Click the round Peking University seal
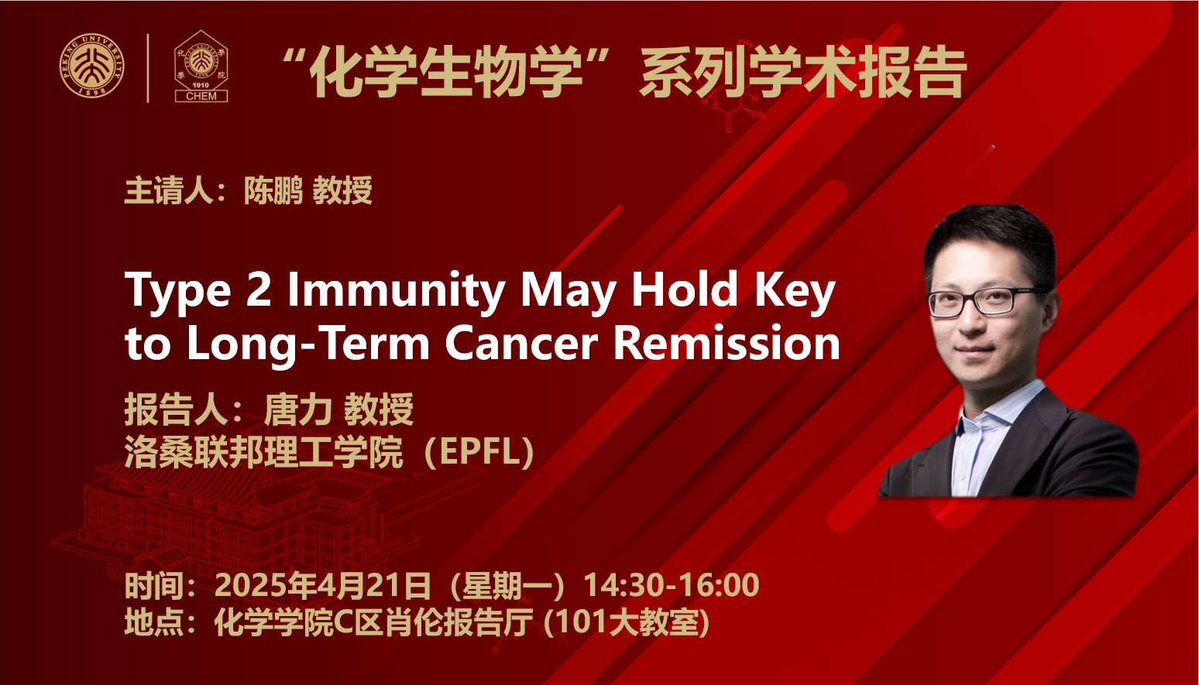[92, 65]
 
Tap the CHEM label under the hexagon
[201, 96]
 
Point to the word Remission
[727, 344]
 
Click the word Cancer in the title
[521, 344]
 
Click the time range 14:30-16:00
[672, 584]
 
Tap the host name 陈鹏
[273, 190]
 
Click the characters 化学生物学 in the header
[446, 73]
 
